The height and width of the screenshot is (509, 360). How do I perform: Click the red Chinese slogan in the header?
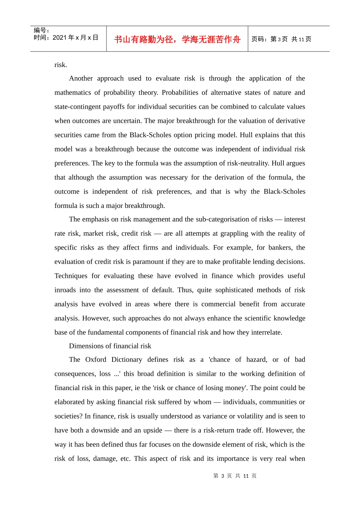(177, 39)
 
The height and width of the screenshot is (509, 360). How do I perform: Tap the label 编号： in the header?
(41, 30)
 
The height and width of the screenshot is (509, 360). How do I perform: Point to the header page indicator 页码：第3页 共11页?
(281, 39)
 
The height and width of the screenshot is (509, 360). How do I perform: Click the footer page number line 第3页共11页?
(235, 476)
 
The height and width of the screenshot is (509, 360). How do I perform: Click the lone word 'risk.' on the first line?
(61, 65)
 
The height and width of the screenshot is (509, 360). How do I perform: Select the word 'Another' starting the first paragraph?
(81, 78)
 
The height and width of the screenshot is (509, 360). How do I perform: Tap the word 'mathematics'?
(72, 92)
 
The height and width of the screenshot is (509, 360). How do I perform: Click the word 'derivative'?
(290, 121)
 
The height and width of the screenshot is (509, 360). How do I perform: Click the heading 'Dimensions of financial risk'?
(110, 346)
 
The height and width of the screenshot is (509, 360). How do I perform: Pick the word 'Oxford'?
(95, 359)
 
